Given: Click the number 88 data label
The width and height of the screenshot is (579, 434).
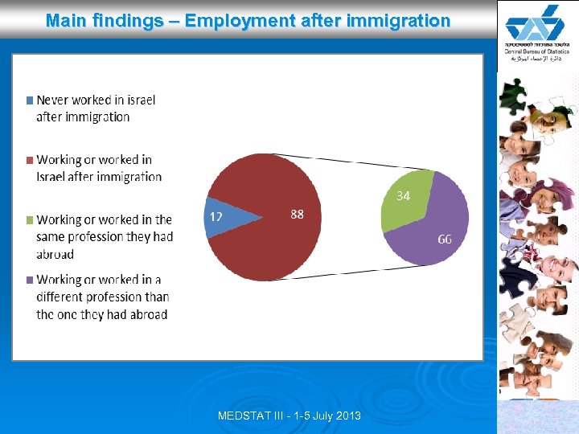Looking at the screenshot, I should (297, 214).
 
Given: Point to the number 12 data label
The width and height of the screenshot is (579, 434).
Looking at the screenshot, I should (216, 216).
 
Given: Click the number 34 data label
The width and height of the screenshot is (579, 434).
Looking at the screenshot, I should (404, 195).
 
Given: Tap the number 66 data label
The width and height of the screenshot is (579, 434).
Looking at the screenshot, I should (445, 239).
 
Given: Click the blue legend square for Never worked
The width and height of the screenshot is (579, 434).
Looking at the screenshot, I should (30, 100).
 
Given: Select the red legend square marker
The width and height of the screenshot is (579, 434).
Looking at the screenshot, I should (30, 160).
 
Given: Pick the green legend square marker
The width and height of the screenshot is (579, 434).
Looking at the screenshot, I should (30, 219).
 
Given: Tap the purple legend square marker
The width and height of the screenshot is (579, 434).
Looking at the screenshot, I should (30, 280).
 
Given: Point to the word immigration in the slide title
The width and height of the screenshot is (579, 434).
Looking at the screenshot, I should (397, 20).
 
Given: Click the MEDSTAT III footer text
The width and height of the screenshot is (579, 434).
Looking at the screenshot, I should (289, 416).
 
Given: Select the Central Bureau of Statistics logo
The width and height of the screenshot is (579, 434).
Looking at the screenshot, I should (537, 32).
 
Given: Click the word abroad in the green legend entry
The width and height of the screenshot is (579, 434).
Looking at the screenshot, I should (55, 254).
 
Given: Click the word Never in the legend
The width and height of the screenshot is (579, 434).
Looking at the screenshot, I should (52, 100).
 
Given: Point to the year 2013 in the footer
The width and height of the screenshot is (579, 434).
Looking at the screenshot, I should (347, 416).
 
